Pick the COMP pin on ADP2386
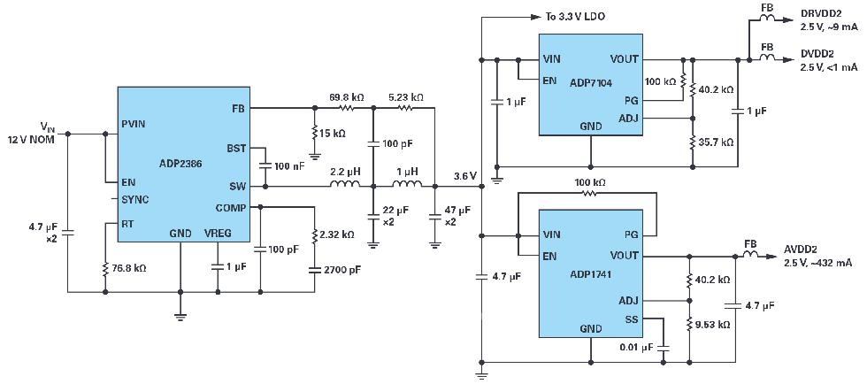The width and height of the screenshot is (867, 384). coord(230,208)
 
